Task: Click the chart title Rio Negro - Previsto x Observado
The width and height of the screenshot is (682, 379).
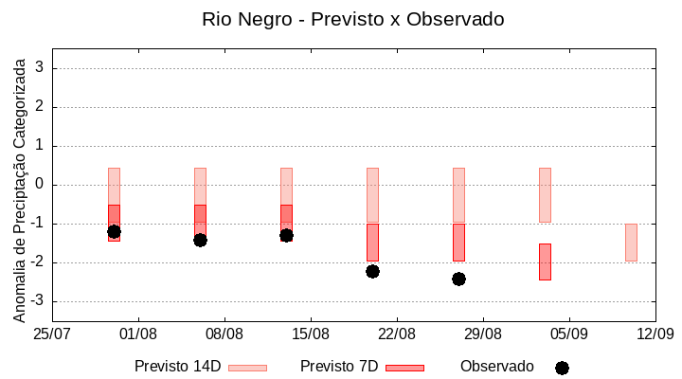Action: tap(353, 19)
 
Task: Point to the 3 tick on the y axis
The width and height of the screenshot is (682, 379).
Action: tap(40, 68)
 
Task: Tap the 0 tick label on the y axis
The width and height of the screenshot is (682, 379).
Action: tap(40, 185)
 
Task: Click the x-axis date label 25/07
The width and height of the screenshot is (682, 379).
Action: tap(52, 334)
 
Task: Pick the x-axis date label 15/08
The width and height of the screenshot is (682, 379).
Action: tap(311, 334)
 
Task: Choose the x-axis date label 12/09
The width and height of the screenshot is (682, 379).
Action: tap(655, 334)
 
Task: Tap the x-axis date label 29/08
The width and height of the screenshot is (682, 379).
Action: tap(482, 334)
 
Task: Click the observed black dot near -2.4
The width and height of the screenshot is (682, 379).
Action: tap(458, 279)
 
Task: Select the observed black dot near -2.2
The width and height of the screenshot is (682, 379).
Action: tap(372, 271)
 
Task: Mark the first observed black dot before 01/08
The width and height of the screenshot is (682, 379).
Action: tap(114, 231)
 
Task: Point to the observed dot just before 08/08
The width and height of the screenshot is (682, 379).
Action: tap(200, 240)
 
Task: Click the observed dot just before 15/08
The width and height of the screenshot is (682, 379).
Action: tap(286, 235)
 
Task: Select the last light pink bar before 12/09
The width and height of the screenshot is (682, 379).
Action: tap(631, 242)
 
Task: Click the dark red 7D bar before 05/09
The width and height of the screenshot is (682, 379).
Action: tap(545, 262)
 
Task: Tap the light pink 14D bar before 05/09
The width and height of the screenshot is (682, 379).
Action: tap(545, 194)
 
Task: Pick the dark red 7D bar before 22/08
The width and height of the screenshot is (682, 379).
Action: tap(372, 242)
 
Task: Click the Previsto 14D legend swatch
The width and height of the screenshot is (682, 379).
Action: tap(247, 368)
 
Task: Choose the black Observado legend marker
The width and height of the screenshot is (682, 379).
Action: tap(562, 368)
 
